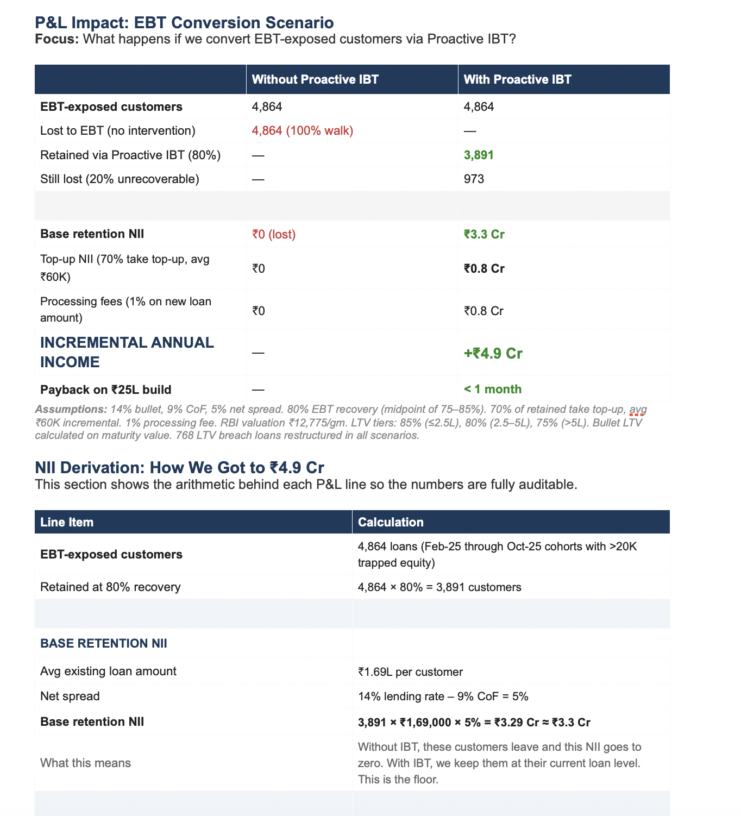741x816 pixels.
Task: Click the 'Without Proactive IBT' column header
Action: (315, 80)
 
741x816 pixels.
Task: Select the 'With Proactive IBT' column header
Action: (517, 80)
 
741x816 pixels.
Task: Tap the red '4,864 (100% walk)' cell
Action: (303, 131)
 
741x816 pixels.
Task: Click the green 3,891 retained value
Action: (479, 155)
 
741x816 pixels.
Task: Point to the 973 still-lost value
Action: (474, 179)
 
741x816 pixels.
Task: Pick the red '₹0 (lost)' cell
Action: (274, 235)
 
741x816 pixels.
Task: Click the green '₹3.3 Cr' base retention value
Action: (484, 235)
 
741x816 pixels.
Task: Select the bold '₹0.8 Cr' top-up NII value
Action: (484, 269)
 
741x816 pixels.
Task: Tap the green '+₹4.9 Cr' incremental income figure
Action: (493, 354)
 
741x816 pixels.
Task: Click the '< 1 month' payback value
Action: (492, 390)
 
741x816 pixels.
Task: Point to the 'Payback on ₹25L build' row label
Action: (106, 390)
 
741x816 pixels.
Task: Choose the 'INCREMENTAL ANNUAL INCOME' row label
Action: (127, 352)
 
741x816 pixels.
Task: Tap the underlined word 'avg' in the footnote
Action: (638, 409)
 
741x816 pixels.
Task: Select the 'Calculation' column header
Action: (391, 523)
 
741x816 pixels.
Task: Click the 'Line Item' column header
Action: (67, 523)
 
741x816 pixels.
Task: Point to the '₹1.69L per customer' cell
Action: (410, 672)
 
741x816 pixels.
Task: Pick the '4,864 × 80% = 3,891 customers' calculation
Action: (439, 587)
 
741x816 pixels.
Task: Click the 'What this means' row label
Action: (85, 763)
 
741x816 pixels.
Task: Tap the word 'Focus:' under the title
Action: (57, 39)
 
